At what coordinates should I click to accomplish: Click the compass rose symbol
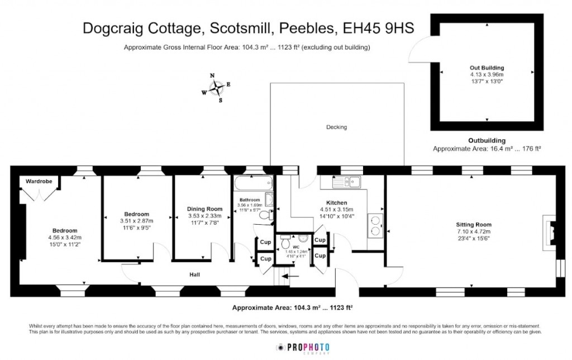point(216,88)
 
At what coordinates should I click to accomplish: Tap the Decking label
point(336,127)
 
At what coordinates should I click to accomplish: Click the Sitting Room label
point(473,225)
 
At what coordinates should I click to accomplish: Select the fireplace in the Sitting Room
point(549,230)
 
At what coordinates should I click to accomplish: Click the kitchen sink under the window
point(347,181)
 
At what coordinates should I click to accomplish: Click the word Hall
point(194,274)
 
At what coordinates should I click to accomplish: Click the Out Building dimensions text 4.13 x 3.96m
point(487,74)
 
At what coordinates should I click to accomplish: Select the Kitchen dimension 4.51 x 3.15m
point(337,210)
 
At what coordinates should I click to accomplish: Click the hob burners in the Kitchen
point(375,225)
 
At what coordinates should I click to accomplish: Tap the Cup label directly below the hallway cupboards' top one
point(265,259)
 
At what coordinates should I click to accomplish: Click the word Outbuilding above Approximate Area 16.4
point(486,140)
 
